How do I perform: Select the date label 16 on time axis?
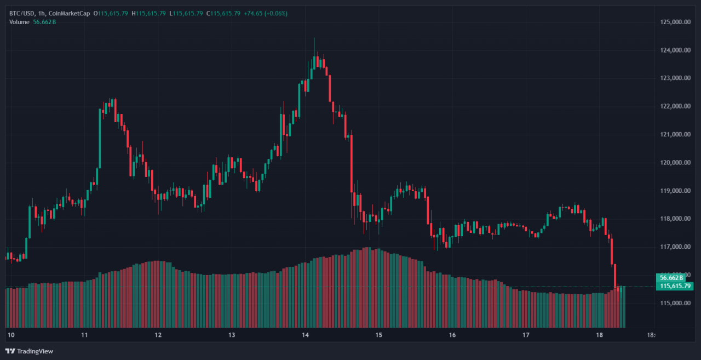coord(452,335)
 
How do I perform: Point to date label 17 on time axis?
coord(526,335)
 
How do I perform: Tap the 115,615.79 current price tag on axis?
coord(676,286)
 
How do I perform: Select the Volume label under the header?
coord(19,22)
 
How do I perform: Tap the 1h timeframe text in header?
coord(42,13)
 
